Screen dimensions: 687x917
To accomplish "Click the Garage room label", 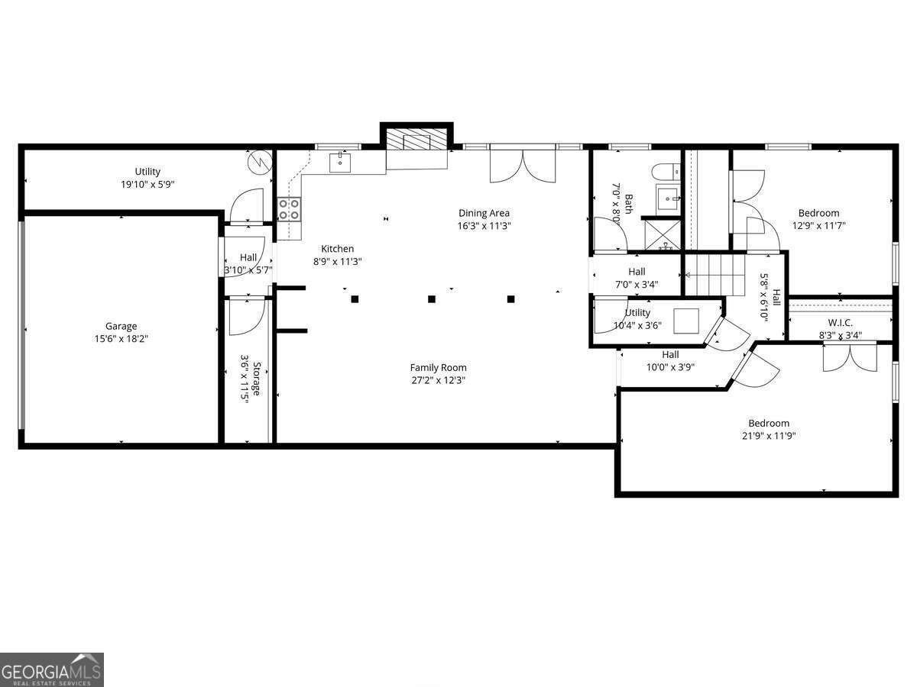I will point(121,326).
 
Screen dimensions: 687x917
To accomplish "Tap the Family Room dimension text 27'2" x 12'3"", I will point(438,380).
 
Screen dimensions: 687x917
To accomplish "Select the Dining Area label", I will point(484,213).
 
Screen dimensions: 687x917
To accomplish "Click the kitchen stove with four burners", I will point(289,208).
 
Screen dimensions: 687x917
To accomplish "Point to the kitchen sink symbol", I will point(340,162).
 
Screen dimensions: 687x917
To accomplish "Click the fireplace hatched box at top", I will point(416,140).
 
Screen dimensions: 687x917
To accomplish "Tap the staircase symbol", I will point(714,275).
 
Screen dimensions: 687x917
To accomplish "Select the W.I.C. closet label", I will point(840,323).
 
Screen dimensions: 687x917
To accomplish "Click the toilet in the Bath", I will point(662,171).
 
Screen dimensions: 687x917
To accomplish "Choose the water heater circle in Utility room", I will point(259,162).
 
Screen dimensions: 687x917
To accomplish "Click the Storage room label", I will point(258,378).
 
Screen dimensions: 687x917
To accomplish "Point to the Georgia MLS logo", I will point(52,669).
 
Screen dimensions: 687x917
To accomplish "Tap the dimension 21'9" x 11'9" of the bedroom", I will point(769,436).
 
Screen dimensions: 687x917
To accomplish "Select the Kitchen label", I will point(337,249).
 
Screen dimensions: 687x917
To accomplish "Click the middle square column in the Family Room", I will point(432,299).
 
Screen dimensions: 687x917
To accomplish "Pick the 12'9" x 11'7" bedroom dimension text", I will point(818,225).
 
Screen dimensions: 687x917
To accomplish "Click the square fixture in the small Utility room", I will point(685,320).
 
